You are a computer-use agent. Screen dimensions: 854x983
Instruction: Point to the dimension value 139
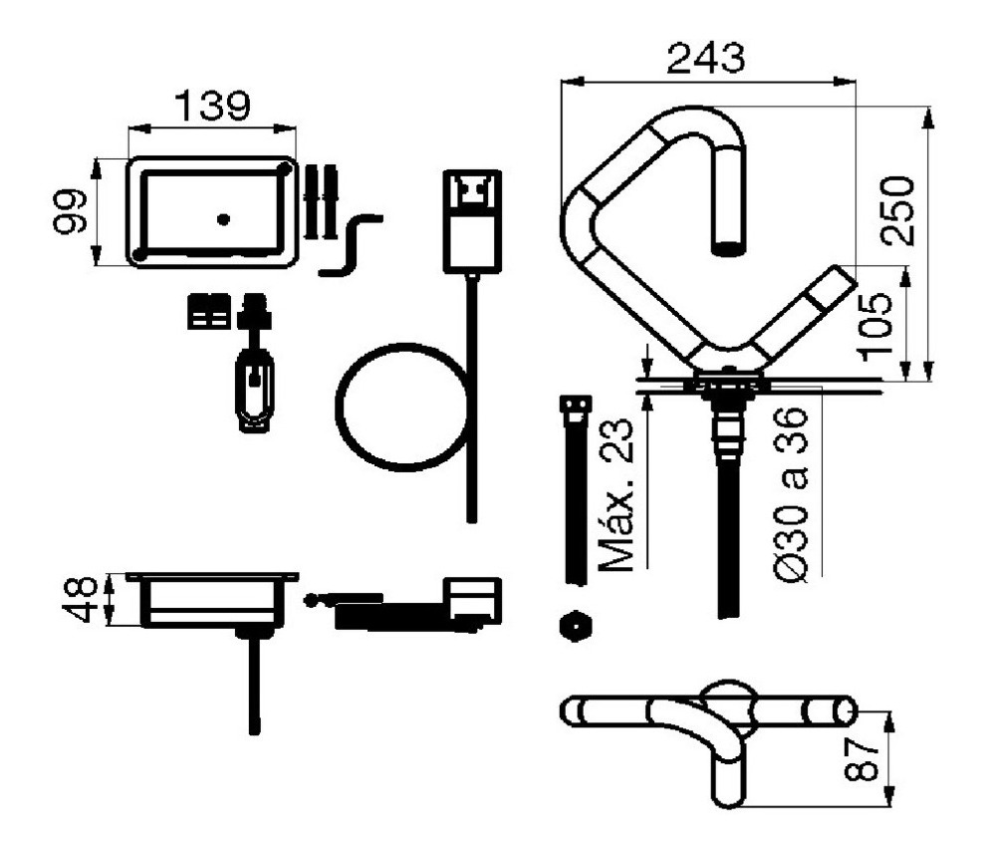point(213,106)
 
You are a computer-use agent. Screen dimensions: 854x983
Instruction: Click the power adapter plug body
point(472,219)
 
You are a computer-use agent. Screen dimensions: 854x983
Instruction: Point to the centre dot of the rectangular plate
point(223,217)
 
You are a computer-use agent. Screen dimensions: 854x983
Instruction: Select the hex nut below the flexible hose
point(576,627)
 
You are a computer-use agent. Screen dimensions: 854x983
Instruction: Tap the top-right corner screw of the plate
point(284,168)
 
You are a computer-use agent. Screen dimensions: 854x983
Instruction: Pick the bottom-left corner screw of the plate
point(140,256)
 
